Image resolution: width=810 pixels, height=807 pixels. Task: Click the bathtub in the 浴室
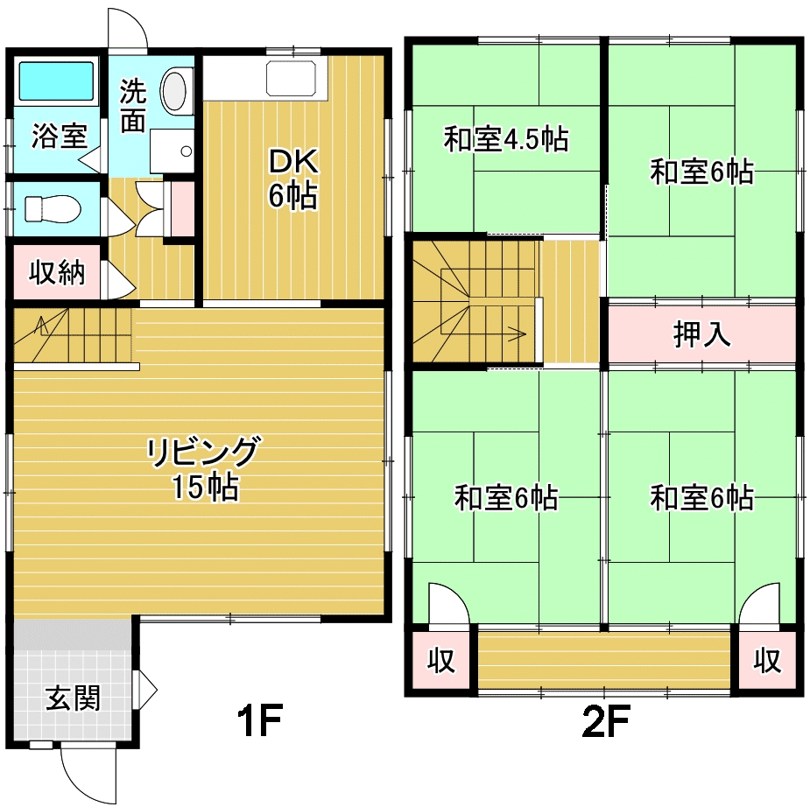(x=57, y=81)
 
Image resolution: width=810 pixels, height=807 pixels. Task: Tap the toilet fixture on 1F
(x=53, y=208)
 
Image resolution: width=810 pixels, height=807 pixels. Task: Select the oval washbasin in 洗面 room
(x=173, y=91)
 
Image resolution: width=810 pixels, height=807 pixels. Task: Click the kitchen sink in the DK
(x=291, y=78)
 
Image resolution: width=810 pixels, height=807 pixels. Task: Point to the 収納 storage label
(x=57, y=272)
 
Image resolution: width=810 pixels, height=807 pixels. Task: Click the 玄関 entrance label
(x=73, y=698)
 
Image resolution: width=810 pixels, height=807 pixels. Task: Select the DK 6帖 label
(x=292, y=179)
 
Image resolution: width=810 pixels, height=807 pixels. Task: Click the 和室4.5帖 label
(x=506, y=139)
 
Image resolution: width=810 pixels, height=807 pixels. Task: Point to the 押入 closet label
(x=701, y=334)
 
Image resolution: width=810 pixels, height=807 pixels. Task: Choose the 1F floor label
(x=259, y=720)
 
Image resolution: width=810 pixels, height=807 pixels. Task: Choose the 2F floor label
(x=605, y=720)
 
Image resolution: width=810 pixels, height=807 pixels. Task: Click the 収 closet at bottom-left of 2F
(x=441, y=660)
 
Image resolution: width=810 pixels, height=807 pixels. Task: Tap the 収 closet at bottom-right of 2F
(x=766, y=660)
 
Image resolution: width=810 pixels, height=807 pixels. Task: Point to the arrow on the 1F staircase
(x=41, y=326)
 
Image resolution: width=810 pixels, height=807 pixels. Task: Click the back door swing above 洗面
(x=128, y=28)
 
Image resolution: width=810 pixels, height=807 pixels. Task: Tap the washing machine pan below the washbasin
(x=172, y=151)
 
